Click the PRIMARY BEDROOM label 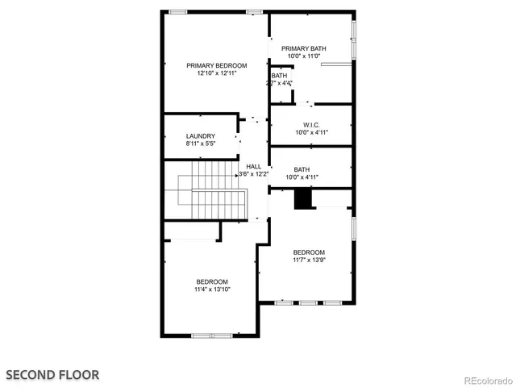[216, 65]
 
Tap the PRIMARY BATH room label [304, 49]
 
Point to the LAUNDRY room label [200, 135]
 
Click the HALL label [253, 166]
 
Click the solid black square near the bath [302, 198]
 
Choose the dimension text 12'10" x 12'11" [216, 73]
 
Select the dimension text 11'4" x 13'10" [212, 289]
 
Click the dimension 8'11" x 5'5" [200, 144]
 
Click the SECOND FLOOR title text [53, 374]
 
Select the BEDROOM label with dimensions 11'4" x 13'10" [212, 281]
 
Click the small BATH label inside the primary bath [279, 76]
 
